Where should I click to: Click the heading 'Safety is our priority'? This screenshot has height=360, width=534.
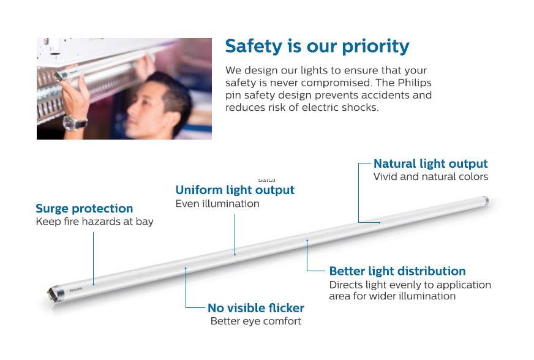click(x=317, y=47)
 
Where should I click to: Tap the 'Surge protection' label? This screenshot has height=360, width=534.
click(x=84, y=208)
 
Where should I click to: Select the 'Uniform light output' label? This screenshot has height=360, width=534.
click(x=235, y=190)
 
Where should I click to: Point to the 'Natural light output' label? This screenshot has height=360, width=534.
click(x=431, y=164)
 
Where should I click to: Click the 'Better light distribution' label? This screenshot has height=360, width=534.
click(x=397, y=271)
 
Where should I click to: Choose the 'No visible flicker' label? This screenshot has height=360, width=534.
click(x=256, y=308)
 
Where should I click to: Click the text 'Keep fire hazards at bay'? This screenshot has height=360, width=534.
click(x=95, y=222)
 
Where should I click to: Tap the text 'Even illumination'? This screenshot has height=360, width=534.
click(x=217, y=204)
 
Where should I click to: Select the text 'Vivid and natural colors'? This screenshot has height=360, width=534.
click(x=431, y=177)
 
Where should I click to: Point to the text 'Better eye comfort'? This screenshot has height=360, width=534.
click(x=256, y=321)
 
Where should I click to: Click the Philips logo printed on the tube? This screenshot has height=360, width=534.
click(x=76, y=290)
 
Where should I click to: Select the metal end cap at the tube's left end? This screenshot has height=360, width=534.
click(x=55, y=293)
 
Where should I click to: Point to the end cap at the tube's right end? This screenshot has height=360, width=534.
click(x=485, y=200)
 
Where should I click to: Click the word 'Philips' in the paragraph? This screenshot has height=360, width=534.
click(x=415, y=83)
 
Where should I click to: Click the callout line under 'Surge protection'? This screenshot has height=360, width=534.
click(x=93, y=258)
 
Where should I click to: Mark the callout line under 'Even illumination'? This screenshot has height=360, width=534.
click(x=235, y=234)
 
